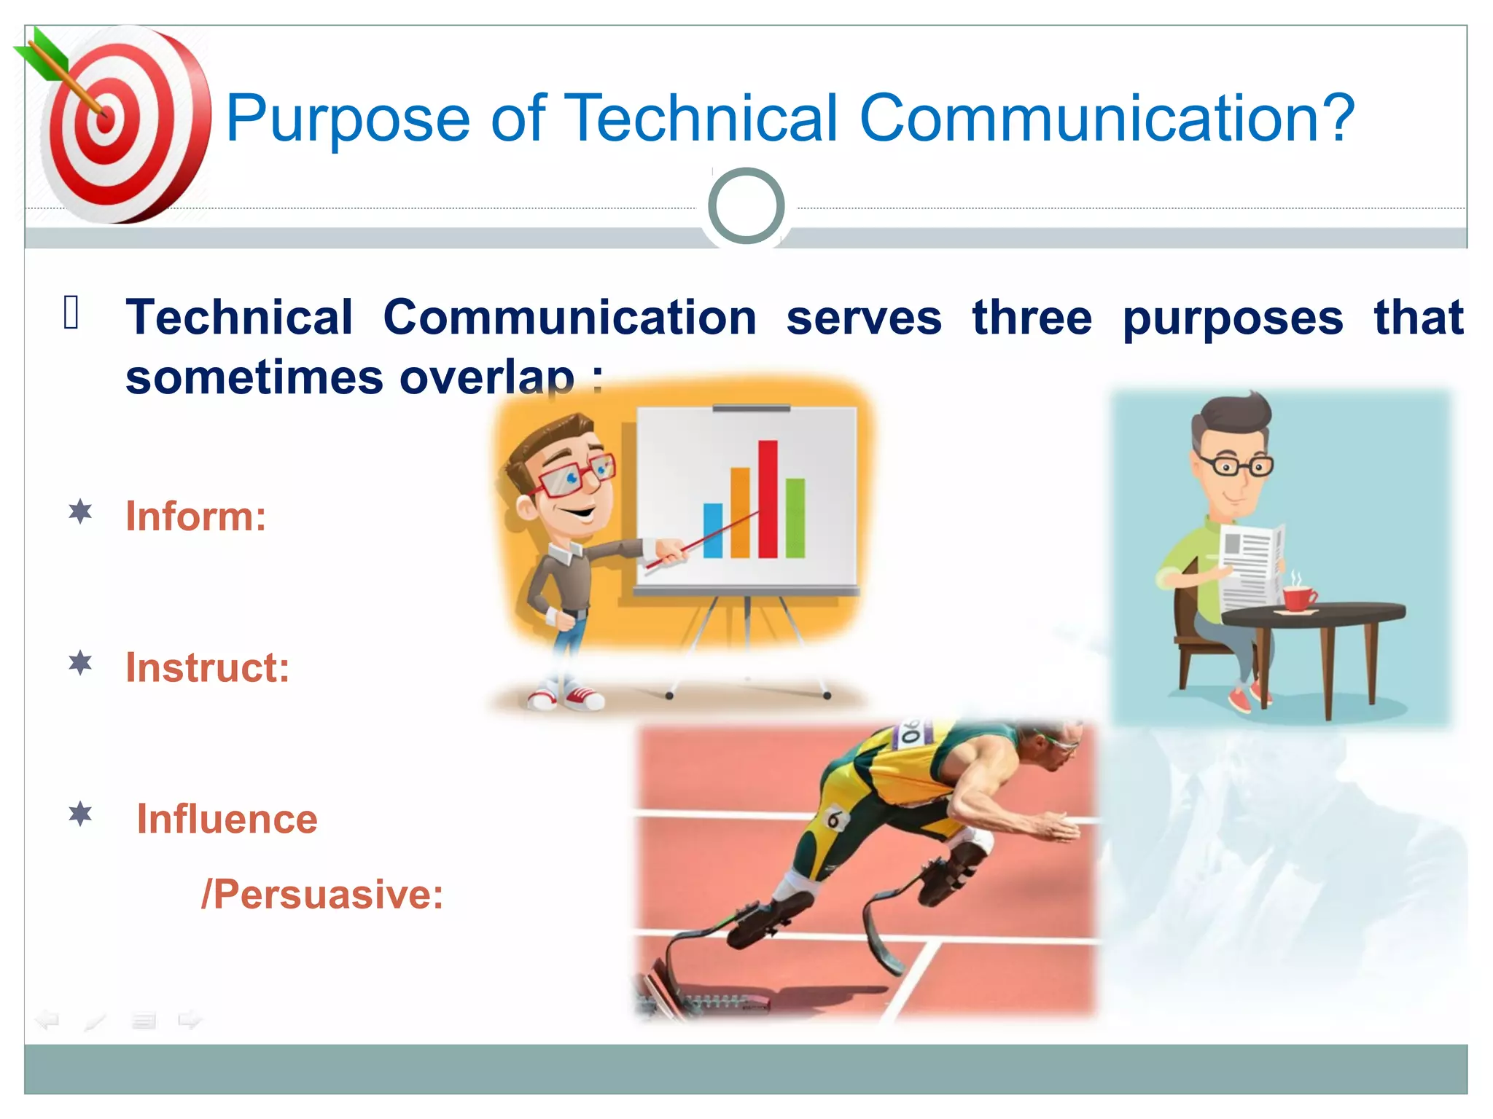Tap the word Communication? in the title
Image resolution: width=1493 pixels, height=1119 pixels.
1107,118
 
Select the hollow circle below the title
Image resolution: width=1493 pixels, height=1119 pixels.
746,206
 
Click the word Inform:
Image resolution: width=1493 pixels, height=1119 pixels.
195,517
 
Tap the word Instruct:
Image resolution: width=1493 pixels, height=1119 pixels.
207,668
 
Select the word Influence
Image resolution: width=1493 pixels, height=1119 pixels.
227,820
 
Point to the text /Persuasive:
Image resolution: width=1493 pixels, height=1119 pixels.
321,895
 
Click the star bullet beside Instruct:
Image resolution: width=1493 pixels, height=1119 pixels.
80,664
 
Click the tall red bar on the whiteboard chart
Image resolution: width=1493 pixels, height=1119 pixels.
768,499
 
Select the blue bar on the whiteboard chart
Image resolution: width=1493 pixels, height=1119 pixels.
712,530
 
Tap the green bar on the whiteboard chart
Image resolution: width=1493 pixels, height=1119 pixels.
795,518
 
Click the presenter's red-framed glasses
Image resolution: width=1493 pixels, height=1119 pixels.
576,476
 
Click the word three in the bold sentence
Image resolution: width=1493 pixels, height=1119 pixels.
1032,318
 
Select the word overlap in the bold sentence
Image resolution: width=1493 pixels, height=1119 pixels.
487,378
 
